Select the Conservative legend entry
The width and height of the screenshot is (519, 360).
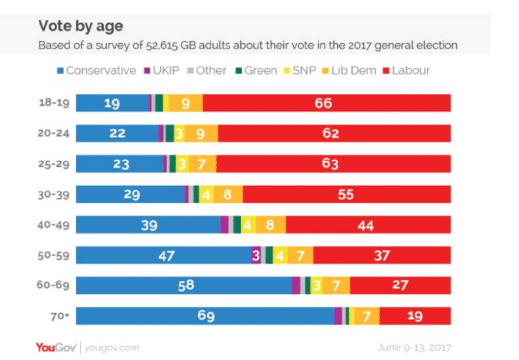96,71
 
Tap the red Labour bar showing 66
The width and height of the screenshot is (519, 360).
327,103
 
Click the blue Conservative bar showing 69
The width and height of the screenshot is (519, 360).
205,316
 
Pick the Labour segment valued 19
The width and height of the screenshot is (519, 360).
415,316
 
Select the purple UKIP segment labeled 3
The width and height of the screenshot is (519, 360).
255,256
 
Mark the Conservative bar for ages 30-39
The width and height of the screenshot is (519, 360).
130,195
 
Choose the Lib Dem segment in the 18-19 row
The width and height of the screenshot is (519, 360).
186,103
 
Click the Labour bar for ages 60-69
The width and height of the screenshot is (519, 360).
401,286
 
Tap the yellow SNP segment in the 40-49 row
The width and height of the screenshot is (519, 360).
248,225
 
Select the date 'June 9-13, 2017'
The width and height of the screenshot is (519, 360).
414,348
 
